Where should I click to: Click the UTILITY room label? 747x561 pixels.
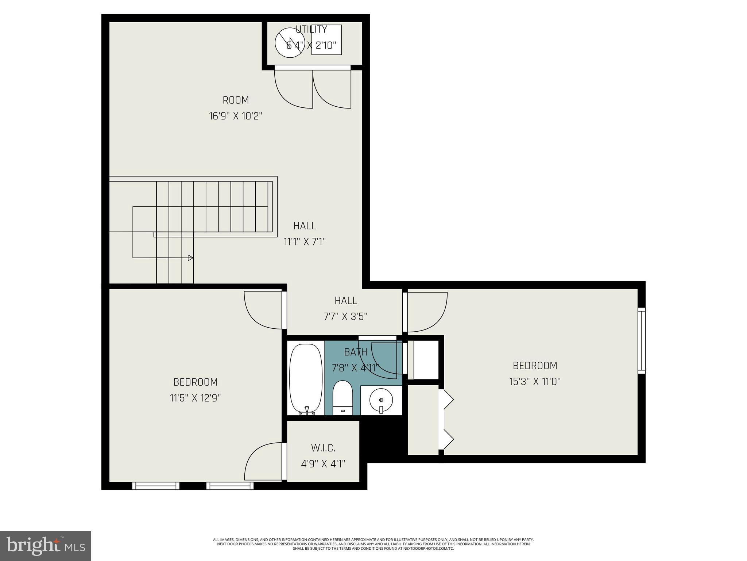click(x=311, y=29)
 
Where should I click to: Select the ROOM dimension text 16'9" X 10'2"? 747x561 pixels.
click(x=236, y=116)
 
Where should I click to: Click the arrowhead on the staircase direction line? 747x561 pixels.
click(x=190, y=258)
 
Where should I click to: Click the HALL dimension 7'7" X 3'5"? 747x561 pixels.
click(x=345, y=316)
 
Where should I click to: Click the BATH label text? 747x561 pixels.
click(x=356, y=352)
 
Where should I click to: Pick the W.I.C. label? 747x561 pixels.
click(x=323, y=448)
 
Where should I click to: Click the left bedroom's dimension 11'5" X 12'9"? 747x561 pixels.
click(x=196, y=398)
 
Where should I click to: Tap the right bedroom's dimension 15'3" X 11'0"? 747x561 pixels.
click(x=535, y=382)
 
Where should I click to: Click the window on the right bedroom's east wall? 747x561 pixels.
click(x=641, y=340)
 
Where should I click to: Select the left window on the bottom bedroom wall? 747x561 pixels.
click(x=156, y=486)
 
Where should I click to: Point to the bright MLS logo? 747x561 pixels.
click(x=46, y=546)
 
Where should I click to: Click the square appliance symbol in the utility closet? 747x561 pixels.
click(x=326, y=40)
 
